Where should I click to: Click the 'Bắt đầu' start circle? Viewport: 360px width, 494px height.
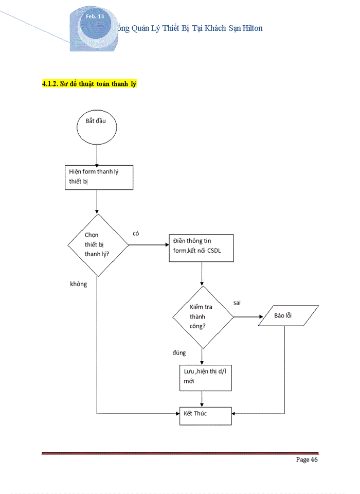coord(97,126)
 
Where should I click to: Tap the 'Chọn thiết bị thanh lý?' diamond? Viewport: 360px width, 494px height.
coord(98,245)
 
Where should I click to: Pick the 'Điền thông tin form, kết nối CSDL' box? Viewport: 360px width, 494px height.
coord(202,248)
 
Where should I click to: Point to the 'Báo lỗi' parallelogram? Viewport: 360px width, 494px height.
coord(283,315)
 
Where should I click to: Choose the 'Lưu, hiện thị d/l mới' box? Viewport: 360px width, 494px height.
coord(202,377)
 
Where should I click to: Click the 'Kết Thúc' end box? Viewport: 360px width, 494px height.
coord(205,413)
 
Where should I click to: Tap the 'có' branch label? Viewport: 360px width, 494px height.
coord(136,233)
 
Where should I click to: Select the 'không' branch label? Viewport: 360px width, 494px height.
coord(79,284)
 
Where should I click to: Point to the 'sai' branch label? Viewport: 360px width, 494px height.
coord(237,302)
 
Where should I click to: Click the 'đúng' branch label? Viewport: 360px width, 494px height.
coord(179,353)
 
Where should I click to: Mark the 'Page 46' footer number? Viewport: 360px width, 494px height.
coord(307,460)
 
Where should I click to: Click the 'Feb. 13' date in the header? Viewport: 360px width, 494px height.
coord(95,17)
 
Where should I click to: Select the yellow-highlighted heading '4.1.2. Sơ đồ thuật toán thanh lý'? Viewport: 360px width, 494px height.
coord(89,83)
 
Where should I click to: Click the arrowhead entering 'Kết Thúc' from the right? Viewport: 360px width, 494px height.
coord(234,413)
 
